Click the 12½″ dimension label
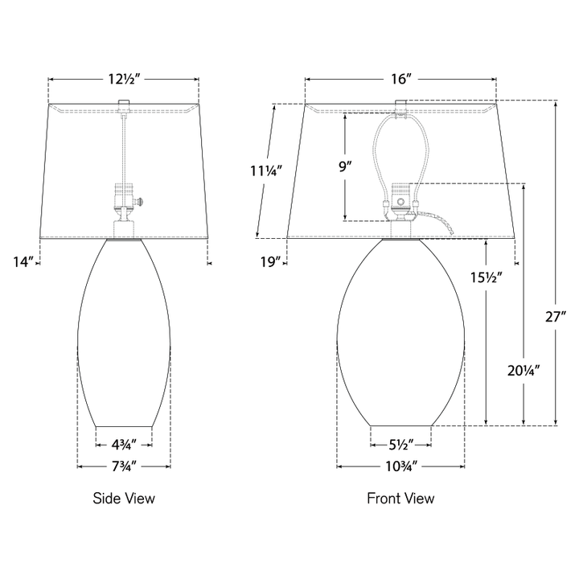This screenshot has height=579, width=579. tap(124, 79)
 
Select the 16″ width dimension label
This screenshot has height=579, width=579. tap(401, 79)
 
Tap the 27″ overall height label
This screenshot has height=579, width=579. tap(556, 317)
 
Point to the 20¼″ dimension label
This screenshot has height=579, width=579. tap(524, 371)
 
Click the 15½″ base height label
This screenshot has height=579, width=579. tap(486, 277)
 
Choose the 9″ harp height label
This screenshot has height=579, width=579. tap(345, 167)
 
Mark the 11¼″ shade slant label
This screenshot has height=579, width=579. tap(266, 171)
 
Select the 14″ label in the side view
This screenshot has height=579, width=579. tap(23, 262)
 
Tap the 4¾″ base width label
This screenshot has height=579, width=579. tap(124, 445)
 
